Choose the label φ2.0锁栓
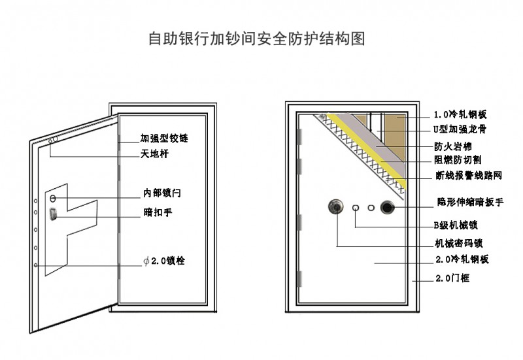[x=165, y=261]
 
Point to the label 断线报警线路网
[x=469, y=176]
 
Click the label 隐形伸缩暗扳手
[x=470, y=203]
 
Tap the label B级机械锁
[x=456, y=225]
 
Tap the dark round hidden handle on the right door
[x=388, y=208]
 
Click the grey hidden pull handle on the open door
[x=53, y=214]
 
